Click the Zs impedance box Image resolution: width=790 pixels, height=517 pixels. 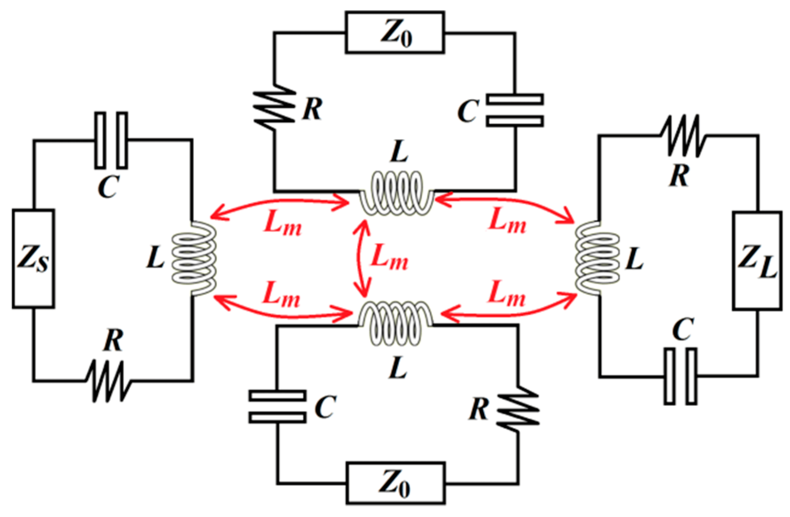33,258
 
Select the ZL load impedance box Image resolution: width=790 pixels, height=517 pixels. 757,260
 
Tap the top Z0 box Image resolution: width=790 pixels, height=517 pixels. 395,33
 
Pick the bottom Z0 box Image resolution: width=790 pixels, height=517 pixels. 395,483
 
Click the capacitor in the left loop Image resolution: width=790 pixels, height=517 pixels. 111,140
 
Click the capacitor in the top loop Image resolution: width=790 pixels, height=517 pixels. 515,110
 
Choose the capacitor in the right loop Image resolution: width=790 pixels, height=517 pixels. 680,376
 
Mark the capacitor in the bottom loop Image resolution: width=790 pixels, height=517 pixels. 277,406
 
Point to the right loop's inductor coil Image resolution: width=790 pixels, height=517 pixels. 597,258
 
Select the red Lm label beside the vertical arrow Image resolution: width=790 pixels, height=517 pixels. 389,258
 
